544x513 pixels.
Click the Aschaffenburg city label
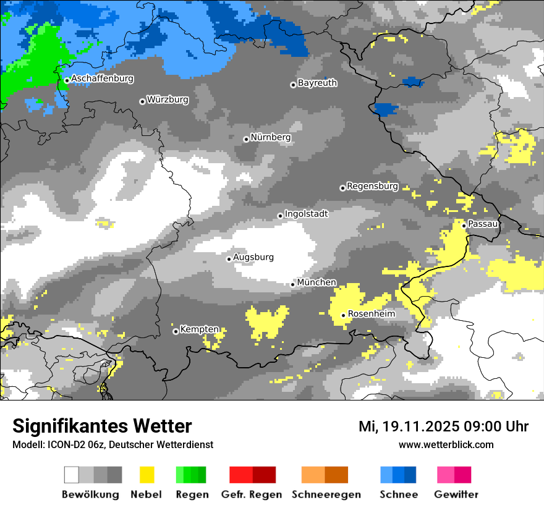tap(102, 79)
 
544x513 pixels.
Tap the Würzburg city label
tap(168, 100)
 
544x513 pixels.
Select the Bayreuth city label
tap(317, 83)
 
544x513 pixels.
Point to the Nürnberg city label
tap(270, 137)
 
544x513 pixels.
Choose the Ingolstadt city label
tap(306, 214)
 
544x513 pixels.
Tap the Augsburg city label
tap(253, 257)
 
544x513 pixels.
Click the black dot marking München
tap(293, 284)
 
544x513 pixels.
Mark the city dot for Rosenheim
tap(344, 315)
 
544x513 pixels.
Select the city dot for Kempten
tap(176, 331)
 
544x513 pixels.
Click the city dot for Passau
tap(464, 226)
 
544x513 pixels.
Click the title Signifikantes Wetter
tap(102, 426)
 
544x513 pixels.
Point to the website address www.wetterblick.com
tap(446, 445)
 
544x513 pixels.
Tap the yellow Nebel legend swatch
tap(147, 475)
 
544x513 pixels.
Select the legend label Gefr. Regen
tap(252, 494)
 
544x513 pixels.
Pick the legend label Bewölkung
tap(90, 494)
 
